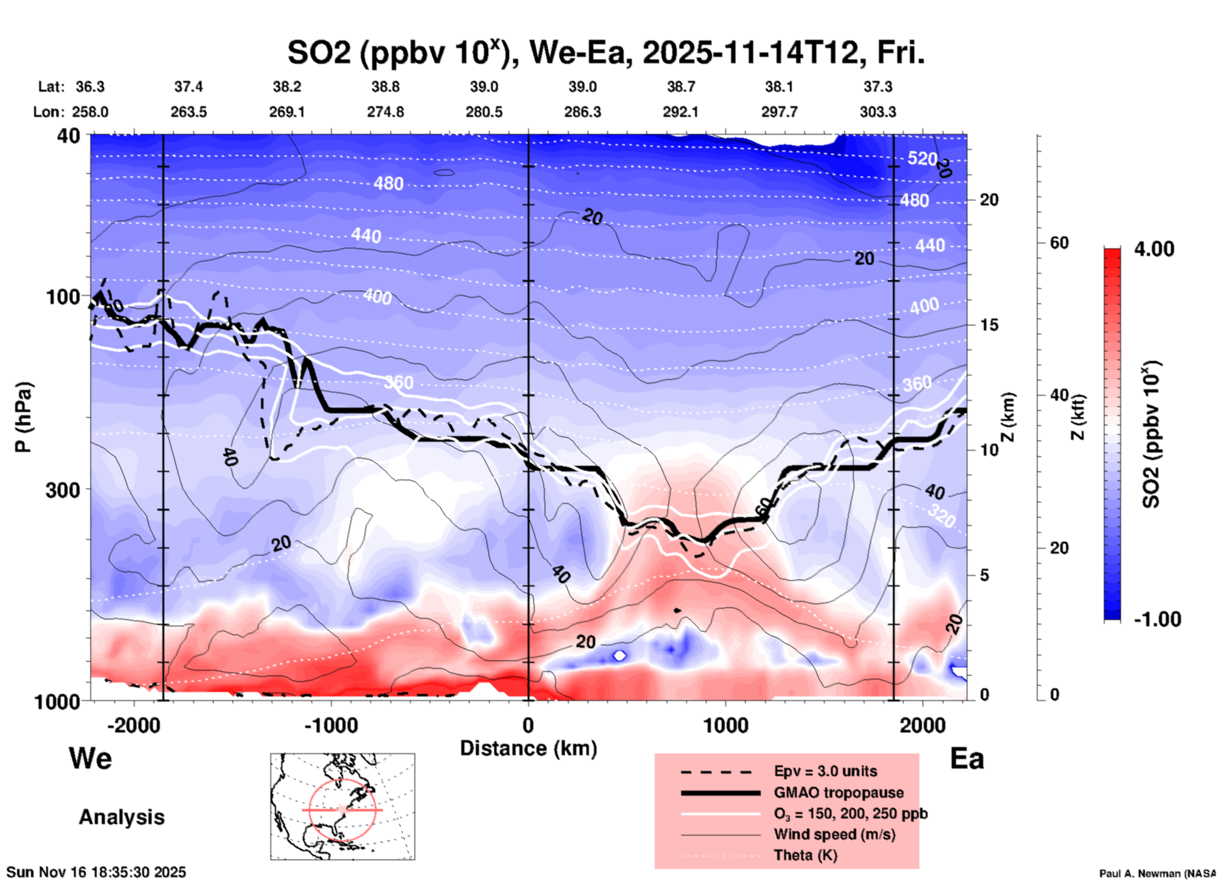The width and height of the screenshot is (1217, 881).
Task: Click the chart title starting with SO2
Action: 605,53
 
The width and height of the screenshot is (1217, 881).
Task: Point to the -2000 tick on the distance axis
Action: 134,726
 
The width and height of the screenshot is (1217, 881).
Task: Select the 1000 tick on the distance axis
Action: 725,726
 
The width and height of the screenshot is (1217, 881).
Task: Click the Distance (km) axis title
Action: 528,748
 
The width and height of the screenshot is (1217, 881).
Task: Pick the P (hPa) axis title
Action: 23,417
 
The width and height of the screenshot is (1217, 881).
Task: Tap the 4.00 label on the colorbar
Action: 1154,249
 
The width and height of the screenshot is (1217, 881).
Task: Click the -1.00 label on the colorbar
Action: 1157,619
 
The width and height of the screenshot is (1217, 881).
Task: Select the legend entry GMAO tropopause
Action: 839,793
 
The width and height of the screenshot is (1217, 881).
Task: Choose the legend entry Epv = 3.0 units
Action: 825,771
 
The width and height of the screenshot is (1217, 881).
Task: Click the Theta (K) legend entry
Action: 805,856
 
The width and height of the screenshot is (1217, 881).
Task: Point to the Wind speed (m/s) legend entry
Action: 834,835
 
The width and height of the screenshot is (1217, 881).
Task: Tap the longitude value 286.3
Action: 582,112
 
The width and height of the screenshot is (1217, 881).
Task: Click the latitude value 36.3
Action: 90,87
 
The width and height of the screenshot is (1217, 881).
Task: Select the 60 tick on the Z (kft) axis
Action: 1059,243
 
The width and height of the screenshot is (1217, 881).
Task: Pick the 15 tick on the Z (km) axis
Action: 989,325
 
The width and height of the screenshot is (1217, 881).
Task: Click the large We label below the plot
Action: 90,758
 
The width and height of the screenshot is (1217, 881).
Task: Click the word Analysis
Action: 121,817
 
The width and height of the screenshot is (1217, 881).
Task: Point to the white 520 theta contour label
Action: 922,158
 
